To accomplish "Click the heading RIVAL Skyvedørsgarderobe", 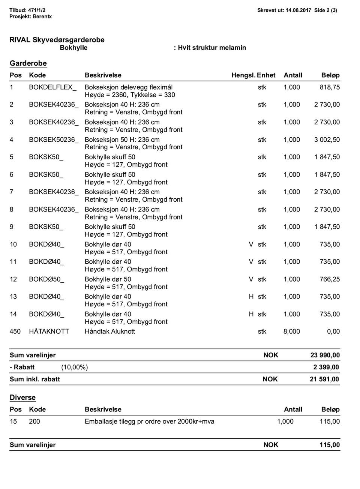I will [x=57, y=40].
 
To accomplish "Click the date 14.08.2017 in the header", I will [x=298, y=10].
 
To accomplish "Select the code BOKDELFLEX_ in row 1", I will [x=52, y=87].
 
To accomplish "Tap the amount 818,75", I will [x=330, y=87].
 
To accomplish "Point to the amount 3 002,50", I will [x=327, y=140].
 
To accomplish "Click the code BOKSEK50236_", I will [x=54, y=140].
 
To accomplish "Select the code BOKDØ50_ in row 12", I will [x=46, y=279].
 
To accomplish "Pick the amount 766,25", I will [x=330, y=279].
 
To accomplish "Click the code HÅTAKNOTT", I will [x=49, y=331].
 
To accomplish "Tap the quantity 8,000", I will [x=292, y=331].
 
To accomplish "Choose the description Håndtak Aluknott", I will [x=109, y=331].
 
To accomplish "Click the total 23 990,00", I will [x=325, y=355].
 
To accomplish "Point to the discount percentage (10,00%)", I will [x=75, y=367].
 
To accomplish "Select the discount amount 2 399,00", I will [x=326, y=367].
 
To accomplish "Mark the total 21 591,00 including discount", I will [x=325, y=379].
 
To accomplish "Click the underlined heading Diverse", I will [x=22, y=397].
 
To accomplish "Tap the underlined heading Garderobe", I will [x=28, y=63].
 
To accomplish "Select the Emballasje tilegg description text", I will [x=149, y=421].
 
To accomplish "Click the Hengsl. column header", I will [x=243, y=75].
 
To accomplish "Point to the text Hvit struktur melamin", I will [x=211, y=48].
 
